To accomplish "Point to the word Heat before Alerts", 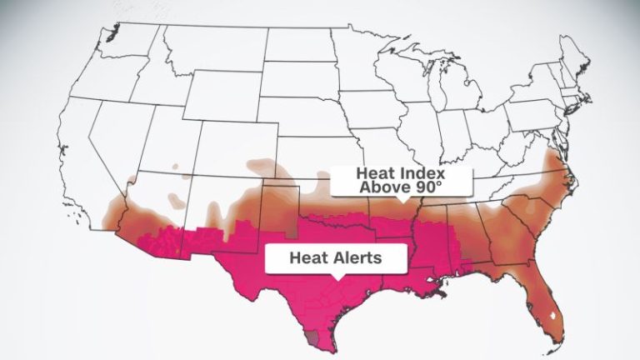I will coord(305,257).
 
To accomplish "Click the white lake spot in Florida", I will coord(557,315).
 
